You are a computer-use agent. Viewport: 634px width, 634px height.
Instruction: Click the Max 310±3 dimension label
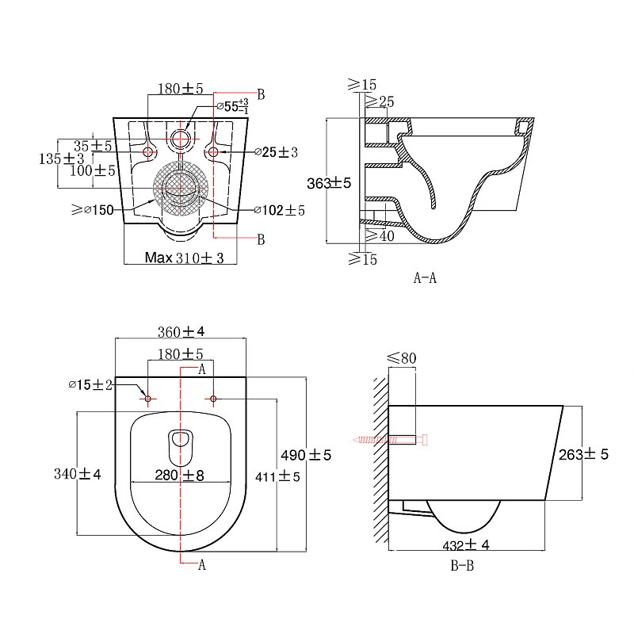185,258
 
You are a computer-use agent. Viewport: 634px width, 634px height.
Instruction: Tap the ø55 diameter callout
232,106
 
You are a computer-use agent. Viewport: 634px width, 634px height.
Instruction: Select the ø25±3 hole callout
277,152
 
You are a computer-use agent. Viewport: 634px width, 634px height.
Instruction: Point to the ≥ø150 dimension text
93,210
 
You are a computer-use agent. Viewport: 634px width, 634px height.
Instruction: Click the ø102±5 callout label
280,210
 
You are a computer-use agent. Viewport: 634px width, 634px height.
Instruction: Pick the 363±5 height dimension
329,183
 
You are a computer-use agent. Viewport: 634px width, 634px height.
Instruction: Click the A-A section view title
425,278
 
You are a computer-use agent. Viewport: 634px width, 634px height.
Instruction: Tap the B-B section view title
462,565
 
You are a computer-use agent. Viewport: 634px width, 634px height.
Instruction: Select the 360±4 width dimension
181,332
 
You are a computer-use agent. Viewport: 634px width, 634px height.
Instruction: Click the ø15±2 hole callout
90,384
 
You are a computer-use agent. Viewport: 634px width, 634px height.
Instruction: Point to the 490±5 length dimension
306,455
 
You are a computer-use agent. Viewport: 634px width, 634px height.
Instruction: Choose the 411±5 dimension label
277,477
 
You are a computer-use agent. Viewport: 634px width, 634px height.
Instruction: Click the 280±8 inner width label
180,475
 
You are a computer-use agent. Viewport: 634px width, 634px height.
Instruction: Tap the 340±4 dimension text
78,473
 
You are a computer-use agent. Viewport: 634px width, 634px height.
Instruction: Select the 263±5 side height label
583,454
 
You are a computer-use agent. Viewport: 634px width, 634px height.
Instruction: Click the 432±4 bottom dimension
466,545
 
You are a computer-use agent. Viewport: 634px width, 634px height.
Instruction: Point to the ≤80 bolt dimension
402,358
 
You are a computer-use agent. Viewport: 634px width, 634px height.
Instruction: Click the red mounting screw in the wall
390,440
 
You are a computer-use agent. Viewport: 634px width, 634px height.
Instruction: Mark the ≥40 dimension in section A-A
380,235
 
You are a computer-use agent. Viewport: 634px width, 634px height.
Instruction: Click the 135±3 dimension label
62,158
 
